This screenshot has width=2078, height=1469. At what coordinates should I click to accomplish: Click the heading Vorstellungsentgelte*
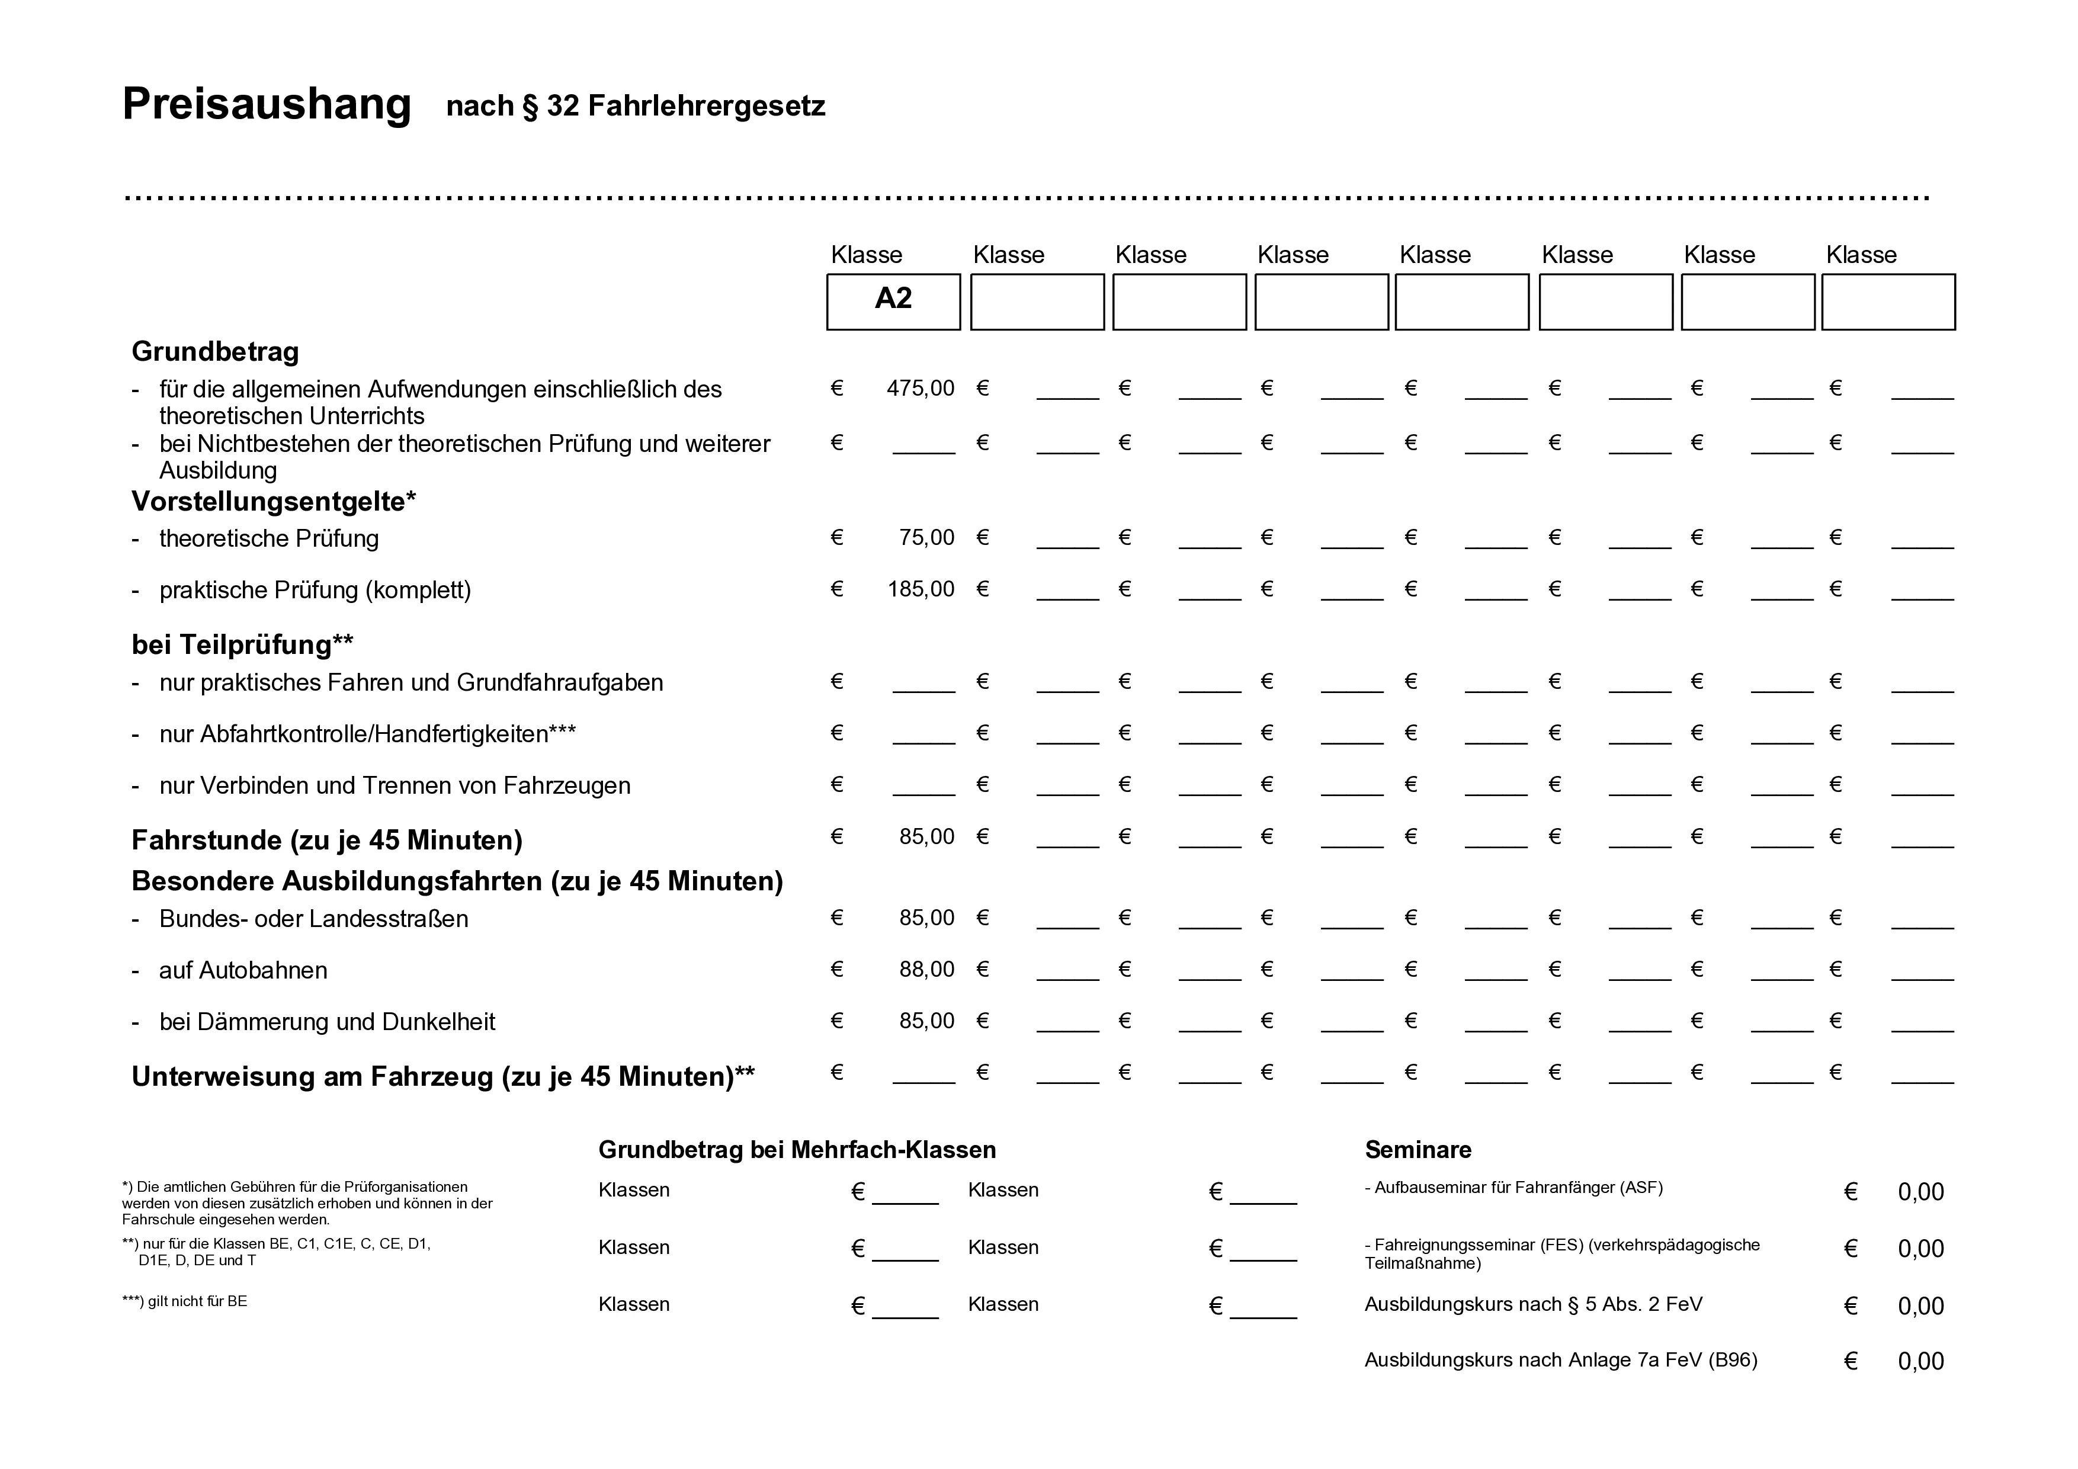click(273, 501)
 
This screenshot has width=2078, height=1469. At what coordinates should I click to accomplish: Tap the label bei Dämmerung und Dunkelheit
click(327, 1022)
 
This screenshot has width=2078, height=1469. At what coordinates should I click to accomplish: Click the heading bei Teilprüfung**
click(242, 644)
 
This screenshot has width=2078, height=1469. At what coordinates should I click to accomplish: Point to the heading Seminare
click(1418, 1150)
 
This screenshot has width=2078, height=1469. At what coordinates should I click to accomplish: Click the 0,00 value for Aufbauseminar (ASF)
click(1920, 1192)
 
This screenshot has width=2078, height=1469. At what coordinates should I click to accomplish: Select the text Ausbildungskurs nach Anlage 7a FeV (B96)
click(1560, 1359)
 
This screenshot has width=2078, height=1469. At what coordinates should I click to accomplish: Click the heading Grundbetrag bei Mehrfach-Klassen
click(797, 1150)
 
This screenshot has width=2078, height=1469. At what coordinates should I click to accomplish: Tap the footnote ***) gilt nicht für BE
click(185, 1301)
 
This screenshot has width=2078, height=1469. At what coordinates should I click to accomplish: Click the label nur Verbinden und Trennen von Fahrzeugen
click(395, 785)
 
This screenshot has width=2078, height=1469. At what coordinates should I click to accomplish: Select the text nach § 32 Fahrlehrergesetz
click(636, 106)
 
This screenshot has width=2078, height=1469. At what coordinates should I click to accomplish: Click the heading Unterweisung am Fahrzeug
click(442, 1076)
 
